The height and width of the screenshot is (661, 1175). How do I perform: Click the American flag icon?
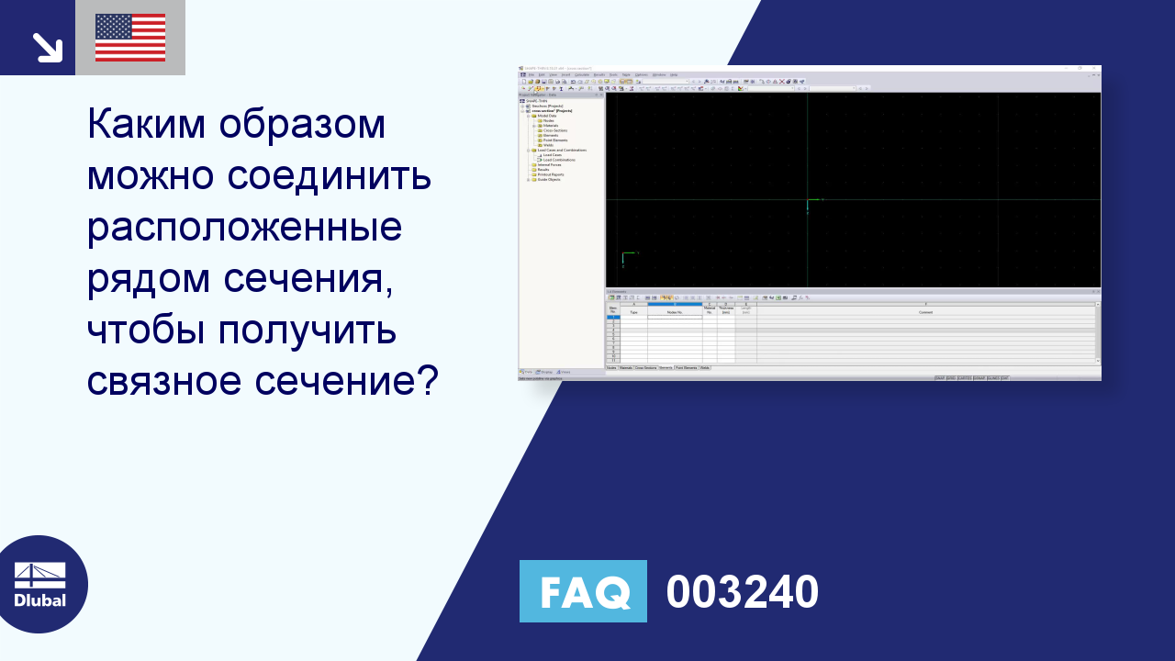click(130, 38)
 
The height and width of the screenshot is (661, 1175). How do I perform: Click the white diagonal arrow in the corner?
click(46, 47)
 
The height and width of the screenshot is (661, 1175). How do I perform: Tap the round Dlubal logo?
click(40, 584)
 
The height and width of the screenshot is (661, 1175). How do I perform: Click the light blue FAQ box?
click(583, 591)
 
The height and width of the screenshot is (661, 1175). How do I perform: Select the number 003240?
click(742, 591)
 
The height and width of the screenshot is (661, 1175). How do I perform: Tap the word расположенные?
click(244, 226)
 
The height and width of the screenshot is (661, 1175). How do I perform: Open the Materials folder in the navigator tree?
click(551, 126)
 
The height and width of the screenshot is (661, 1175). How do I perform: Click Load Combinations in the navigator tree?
click(559, 160)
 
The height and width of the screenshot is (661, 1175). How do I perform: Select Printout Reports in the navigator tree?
click(550, 174)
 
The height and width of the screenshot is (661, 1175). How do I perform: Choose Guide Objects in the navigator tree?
click(548, 179)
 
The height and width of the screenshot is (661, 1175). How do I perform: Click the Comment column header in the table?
click(925, 312)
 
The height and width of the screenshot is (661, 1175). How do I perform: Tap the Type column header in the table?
click(632, 312)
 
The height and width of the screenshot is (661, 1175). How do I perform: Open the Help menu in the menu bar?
click(673, 74)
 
